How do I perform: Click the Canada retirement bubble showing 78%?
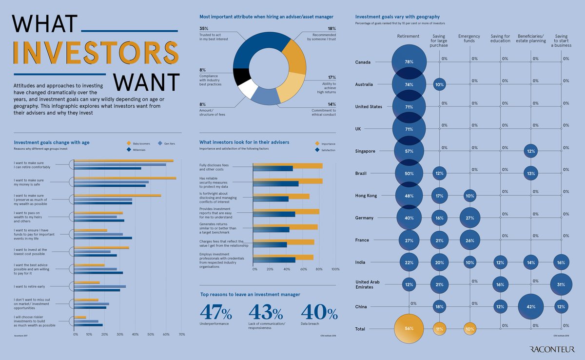tap(409, 62)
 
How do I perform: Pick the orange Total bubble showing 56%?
tap(409, 329)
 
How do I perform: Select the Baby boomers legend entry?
tap(140, 143)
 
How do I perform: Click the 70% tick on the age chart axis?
tap(181, 334)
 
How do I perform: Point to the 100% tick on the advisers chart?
tap(335, 269)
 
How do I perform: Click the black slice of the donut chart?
tap(241, 77)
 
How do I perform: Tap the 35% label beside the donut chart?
tap(204, 29)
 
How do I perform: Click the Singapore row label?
tap(366, 151)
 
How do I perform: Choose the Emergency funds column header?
tap(469, 39)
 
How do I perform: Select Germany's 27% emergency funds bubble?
tap(470, 218)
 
